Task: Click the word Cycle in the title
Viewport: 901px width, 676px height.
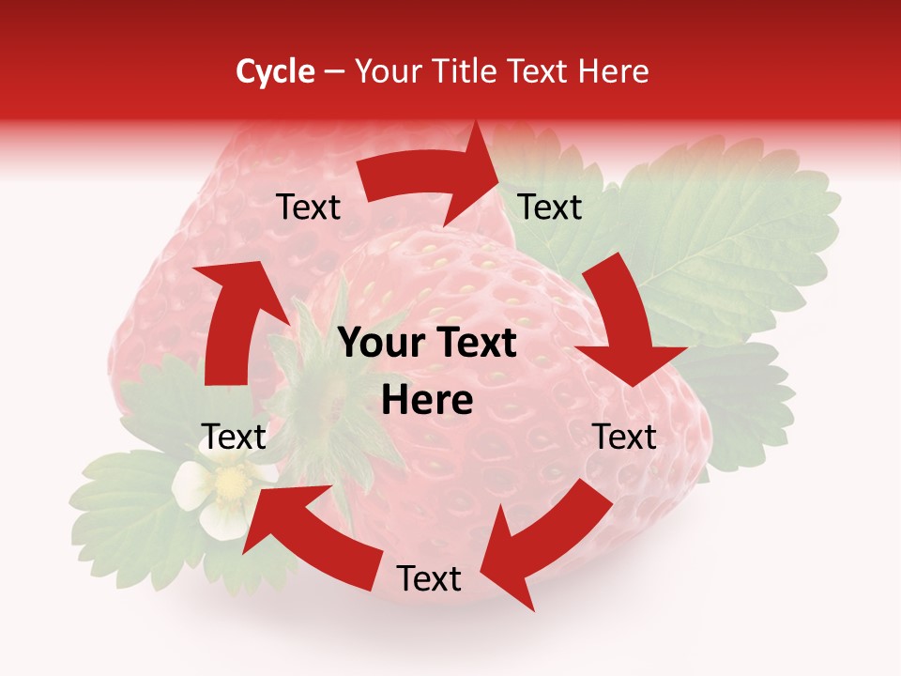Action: tap(275, 71)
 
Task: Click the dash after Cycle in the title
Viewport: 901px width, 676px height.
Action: tap(333, 71)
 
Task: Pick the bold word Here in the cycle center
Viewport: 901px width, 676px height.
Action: tap(427, 401)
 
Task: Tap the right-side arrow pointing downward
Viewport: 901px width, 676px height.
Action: tap(624, 324)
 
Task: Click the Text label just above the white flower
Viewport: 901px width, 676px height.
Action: tap(235, 437)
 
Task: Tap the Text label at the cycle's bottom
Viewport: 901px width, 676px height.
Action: tap(429, 579)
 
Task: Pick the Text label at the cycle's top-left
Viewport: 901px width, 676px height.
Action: tap(308, 207)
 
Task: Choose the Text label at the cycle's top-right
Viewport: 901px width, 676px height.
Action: tap(550, 207)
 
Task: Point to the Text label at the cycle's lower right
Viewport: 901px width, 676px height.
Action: tap(624, 437)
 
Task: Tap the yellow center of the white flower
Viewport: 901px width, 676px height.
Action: tap(229, 484)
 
